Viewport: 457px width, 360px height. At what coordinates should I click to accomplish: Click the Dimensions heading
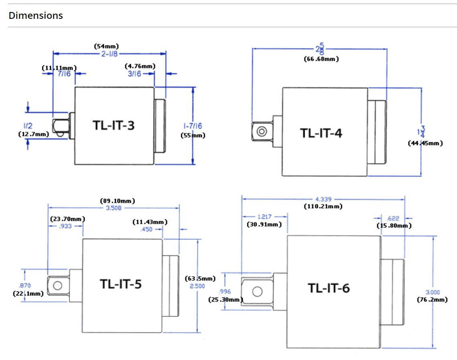(x=36, y=16)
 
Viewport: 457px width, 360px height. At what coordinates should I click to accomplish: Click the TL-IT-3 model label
(x=114, y=125)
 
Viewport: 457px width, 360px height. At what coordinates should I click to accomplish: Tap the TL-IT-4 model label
(x=321, y=133)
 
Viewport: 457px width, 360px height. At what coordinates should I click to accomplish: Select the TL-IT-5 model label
(x=121, y=284)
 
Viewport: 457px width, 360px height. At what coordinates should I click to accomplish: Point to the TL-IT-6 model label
(x=329, y=288)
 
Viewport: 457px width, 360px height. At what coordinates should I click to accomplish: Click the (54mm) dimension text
(x=106, y=47)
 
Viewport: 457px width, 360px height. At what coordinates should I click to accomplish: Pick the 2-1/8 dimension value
(x=109, y=54)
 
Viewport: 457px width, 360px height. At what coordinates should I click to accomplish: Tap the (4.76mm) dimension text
(x=140, y=66)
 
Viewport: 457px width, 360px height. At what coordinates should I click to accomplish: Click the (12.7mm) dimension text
(x=34, y=134)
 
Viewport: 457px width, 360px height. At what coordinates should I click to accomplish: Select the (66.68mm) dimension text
(x=321, y=59)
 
